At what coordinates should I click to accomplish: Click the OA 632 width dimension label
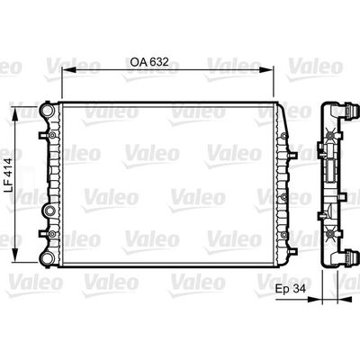point(149,66)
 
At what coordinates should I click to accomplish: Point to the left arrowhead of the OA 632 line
point(64,76)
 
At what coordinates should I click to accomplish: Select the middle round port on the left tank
point(49,212)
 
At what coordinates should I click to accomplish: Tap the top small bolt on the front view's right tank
point(281,111)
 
